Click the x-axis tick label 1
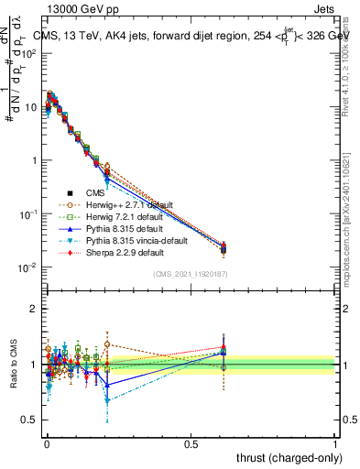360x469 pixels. tap(334, 444)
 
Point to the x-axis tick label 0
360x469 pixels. tap(46, 444)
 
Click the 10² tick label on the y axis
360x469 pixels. tap(30, 53)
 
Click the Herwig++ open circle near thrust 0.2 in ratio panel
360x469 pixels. tap(107, 344)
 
